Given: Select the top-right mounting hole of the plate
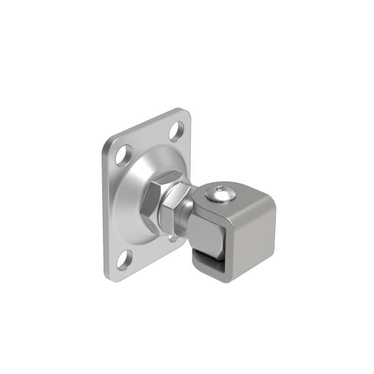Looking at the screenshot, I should (176, 132).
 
